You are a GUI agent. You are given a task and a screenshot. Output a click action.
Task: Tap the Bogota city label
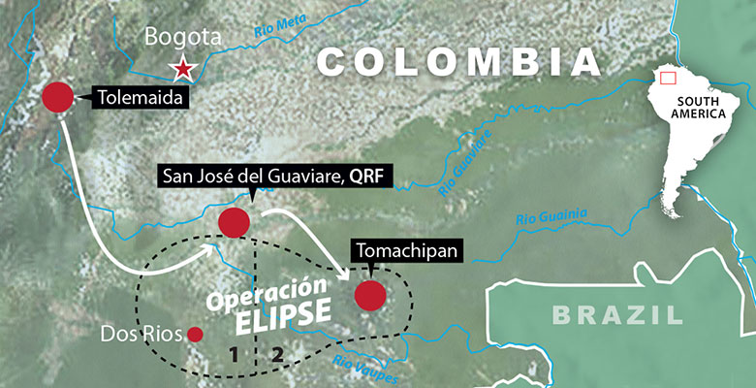coord(183,38)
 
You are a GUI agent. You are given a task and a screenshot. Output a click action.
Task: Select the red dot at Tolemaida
coord(58,97)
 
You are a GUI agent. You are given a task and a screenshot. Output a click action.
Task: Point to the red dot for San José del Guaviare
coord(234,222)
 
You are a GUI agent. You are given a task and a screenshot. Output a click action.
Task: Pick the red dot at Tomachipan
coord(370,295)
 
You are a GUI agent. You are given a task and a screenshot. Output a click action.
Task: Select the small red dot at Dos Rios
coord(195,335)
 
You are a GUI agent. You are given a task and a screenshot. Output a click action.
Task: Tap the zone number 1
coord(234,354)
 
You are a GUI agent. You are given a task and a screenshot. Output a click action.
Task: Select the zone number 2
coord(277,354)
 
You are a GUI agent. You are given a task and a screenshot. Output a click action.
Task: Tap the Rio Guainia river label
coord(552,215)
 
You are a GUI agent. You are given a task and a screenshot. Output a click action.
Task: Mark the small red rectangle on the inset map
coord(666,78)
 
